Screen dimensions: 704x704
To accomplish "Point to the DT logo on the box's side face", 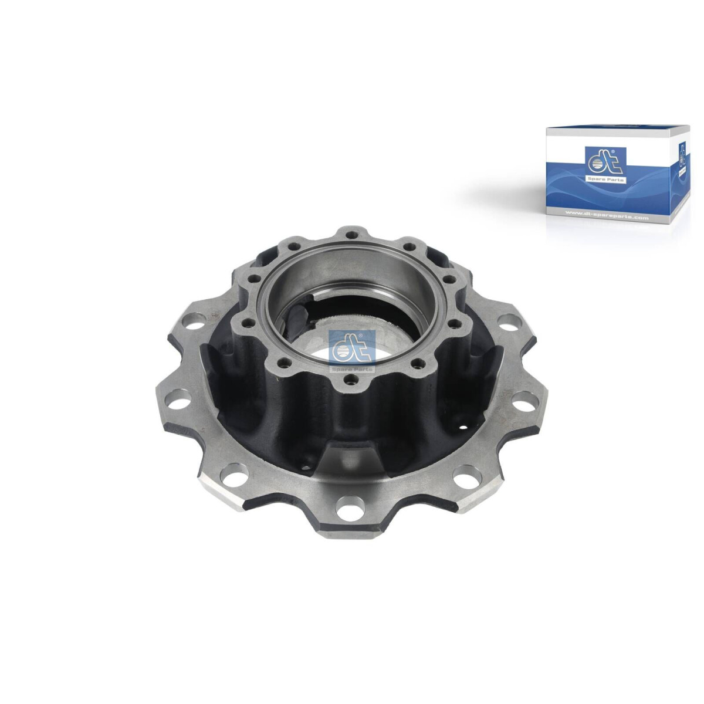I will tap(682, 154).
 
